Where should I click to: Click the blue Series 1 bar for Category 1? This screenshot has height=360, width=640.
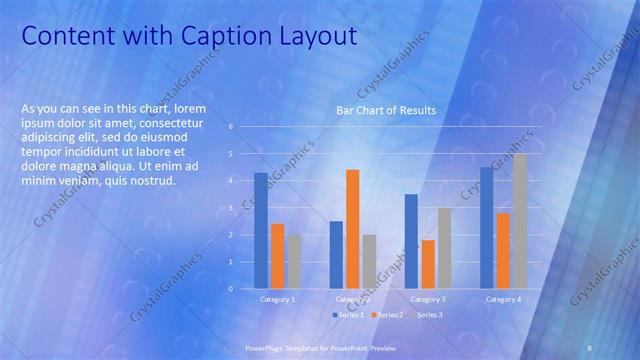(x=261, y=231)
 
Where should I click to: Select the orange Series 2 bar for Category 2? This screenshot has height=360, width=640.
(x=352, y=229)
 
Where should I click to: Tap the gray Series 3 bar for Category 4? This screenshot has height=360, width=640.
(x=519, y=221)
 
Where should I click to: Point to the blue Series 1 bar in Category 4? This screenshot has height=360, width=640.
(x=486, y=228)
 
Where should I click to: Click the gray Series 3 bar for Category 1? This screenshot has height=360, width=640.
(x=293, y=261)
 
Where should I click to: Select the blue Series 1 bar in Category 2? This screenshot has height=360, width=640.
(x=336, y=255)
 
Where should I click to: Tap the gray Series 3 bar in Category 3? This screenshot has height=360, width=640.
(x=444, y=248)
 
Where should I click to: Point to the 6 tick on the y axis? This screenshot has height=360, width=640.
(x=231, y=127)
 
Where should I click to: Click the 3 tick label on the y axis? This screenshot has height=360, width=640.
(x=231, y=208)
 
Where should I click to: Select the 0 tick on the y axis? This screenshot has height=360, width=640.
(x=231, y=289)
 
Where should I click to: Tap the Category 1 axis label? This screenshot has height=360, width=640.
(x=277, y=299)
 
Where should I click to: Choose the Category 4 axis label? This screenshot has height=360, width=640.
(x=503, y=299)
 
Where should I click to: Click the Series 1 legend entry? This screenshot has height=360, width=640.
(x=347, y=315)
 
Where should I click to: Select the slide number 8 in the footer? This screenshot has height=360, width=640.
(x=590, y=346)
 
